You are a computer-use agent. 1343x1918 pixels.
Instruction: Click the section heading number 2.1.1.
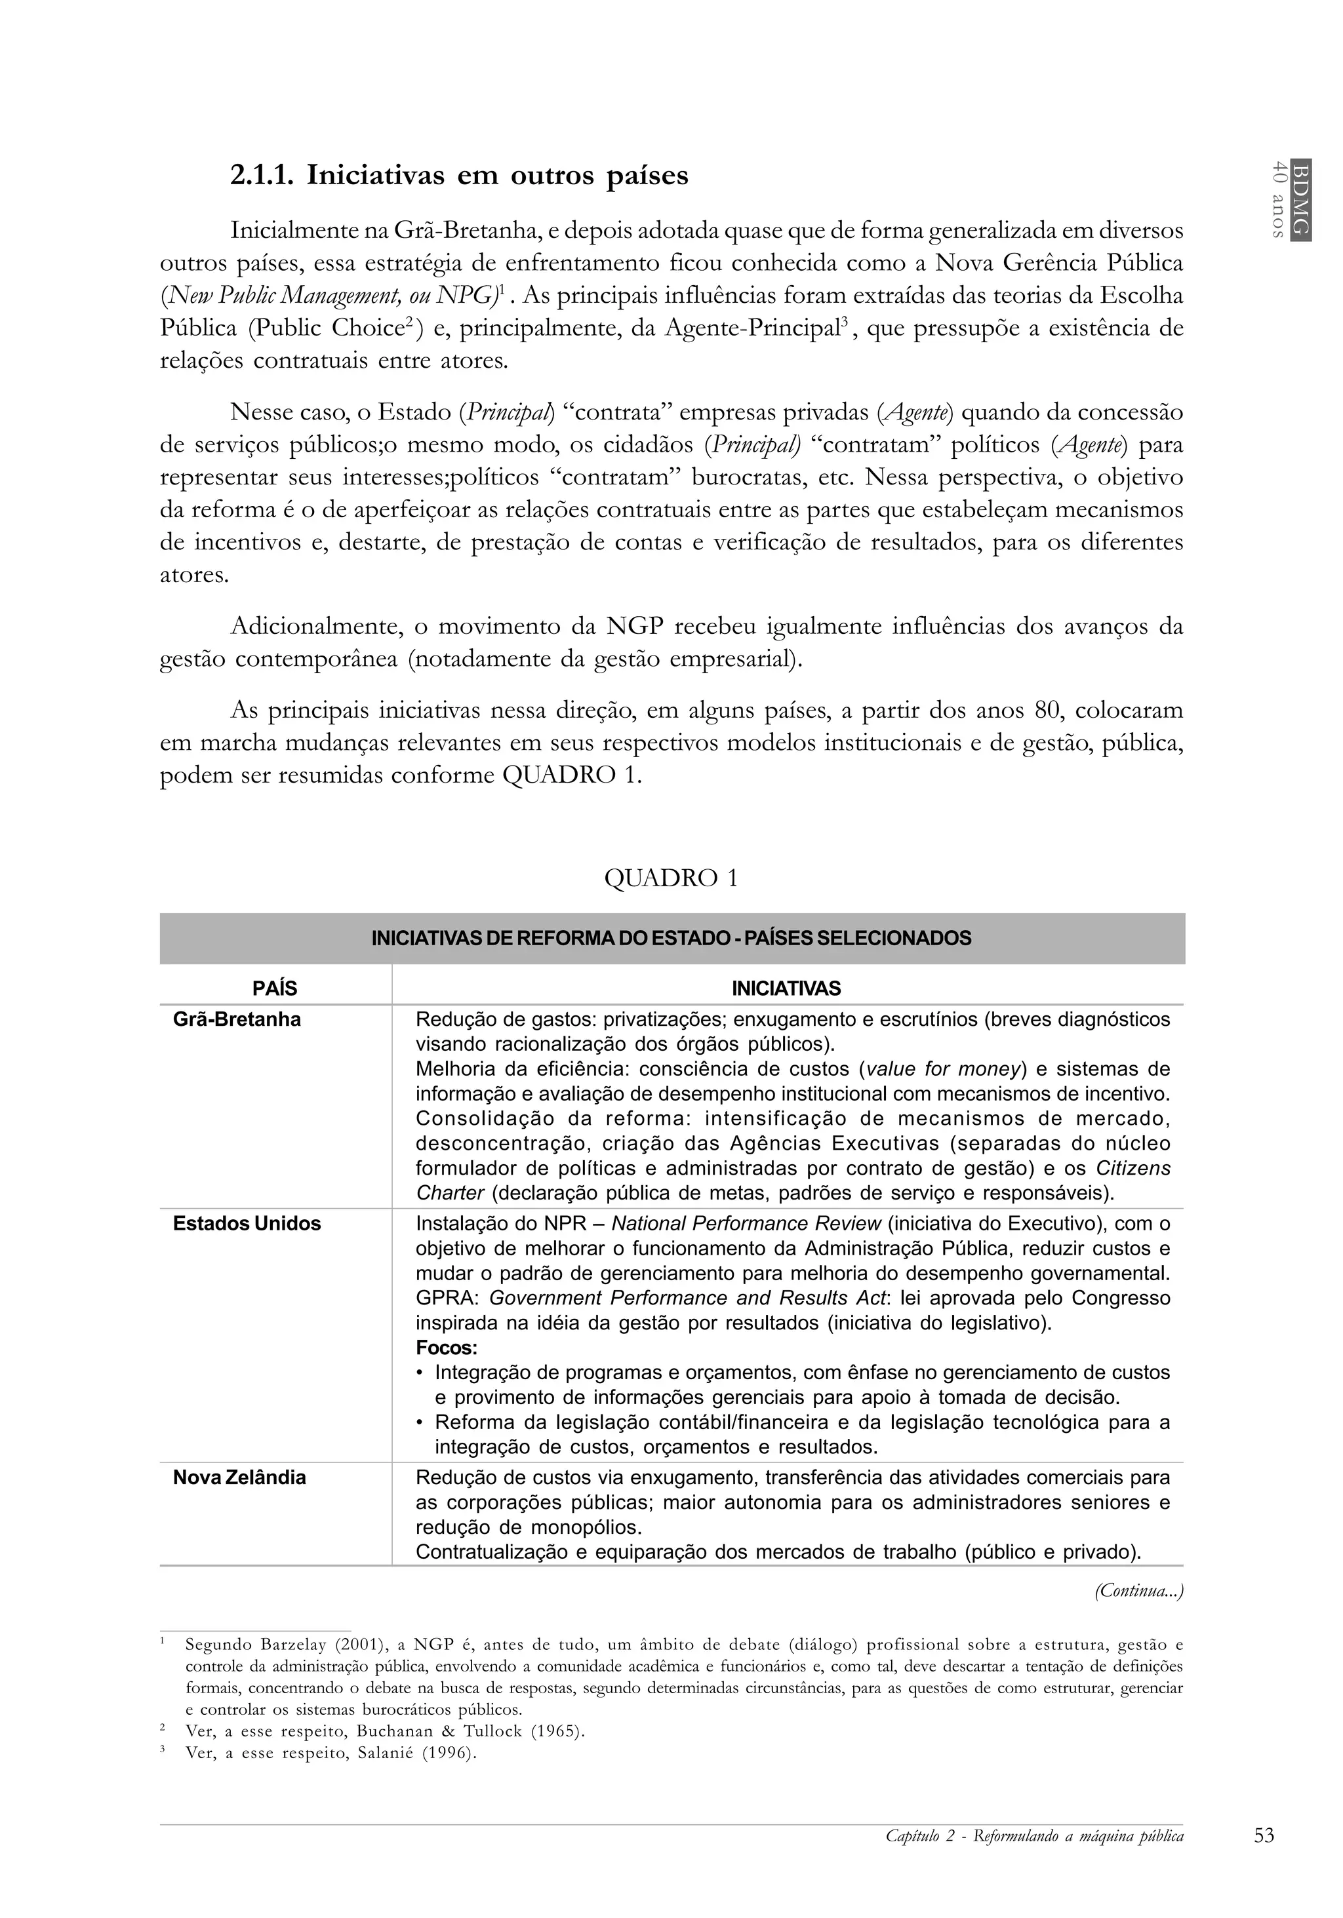pyautogui.click(x=261, y=176)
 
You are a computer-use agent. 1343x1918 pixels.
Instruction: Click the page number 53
pyautogui.click(x=1264, y=1835)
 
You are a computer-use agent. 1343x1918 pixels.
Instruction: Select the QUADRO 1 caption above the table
pyautogui.click(x=671, y=878)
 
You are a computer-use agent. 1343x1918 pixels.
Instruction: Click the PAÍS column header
pyautogui.click(x=275, y=988)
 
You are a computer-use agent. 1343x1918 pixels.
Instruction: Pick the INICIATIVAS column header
pyautogui.click(x=786, y=988)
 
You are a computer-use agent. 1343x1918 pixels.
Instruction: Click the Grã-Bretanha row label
pyautogui.click(x=237, y=1019)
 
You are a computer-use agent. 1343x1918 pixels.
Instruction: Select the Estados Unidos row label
pyautogui.click(x=247, y=1223)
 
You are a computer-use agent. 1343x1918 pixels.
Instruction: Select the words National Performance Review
pyautogui.click(x=746, y=1223)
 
